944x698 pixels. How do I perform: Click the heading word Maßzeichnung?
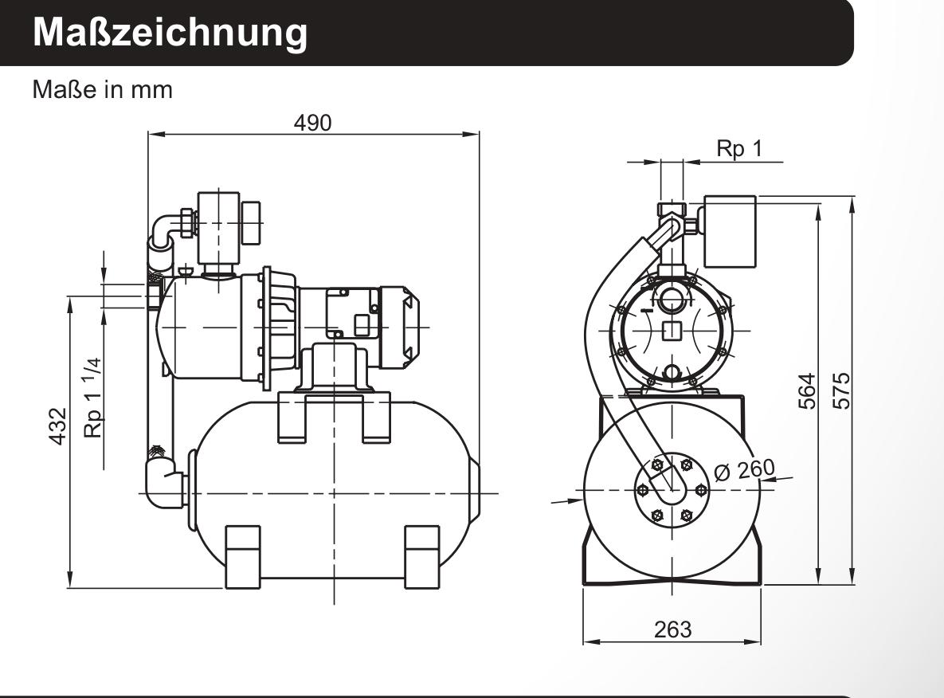click(170, 33)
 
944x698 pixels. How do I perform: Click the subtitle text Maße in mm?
click(102, 90)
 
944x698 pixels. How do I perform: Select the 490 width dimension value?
click(312, 123)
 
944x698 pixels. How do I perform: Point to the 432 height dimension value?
click(58, 426)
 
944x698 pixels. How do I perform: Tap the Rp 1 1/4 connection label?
click(92, 398)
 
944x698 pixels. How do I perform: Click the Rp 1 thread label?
click(738, 148)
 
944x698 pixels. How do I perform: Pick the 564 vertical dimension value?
click(807, 391)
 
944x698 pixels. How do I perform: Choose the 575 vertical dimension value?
click(842, 391)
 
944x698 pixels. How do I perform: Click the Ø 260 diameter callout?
click(744, 470)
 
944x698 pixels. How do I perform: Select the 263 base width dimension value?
click(672, 629)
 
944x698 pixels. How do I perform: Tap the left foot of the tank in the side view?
click(243, 556)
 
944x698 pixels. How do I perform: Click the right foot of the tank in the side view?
click(422, 556)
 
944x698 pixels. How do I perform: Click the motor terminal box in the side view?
click(352, 313)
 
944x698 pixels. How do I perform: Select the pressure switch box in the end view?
click(730, 231)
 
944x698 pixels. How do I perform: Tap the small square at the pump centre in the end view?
click(672, 331)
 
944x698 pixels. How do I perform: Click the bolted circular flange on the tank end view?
click(672, 490)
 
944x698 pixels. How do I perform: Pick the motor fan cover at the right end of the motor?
click(400, 327)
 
